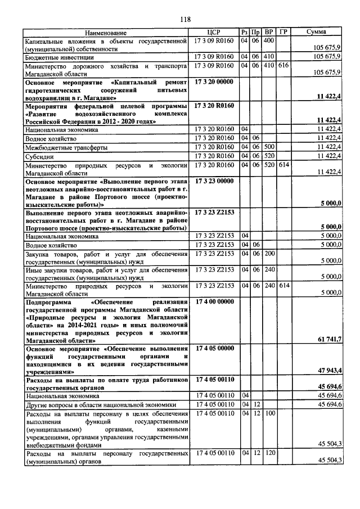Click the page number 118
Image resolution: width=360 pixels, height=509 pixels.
pos(185,20)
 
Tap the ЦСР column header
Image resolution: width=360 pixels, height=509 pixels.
pos(213,33)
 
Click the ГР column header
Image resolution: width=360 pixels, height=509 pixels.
pos(283,33)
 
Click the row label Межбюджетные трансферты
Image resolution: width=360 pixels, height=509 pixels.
pos(58,147)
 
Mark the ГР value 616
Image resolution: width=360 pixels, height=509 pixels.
pos(283,65)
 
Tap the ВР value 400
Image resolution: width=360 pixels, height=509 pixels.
pos(268,40)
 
